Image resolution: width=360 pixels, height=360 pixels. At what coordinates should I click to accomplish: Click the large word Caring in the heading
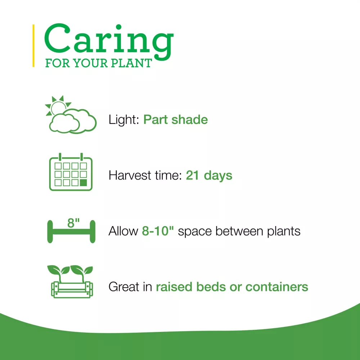(109, 41)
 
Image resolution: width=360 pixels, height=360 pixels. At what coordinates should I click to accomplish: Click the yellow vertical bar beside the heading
(33, 46)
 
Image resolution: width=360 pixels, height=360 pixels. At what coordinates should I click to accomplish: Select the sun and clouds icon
(71, 114)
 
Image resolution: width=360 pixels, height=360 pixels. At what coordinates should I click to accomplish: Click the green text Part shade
(175, 120)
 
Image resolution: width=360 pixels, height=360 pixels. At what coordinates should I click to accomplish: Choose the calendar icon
(71, 172)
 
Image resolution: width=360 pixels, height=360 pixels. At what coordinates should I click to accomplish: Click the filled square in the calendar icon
(84, 183)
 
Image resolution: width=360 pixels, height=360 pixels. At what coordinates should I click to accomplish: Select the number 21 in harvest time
(192, 175)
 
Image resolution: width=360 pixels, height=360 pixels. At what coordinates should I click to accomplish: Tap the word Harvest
(130, 175)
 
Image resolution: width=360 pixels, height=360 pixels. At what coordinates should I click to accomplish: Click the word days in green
(218, 176)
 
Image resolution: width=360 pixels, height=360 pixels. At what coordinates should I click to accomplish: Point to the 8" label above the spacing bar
(73, 223)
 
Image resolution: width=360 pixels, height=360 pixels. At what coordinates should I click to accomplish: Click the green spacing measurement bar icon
(71, 231)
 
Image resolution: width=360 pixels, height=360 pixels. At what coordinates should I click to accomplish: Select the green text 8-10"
(158, 231)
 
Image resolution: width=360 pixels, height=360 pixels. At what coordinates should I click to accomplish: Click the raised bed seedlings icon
(71, 282)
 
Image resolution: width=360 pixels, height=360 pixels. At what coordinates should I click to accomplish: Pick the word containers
(276, 287)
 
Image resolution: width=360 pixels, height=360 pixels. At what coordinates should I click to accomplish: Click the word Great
(124, 287)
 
